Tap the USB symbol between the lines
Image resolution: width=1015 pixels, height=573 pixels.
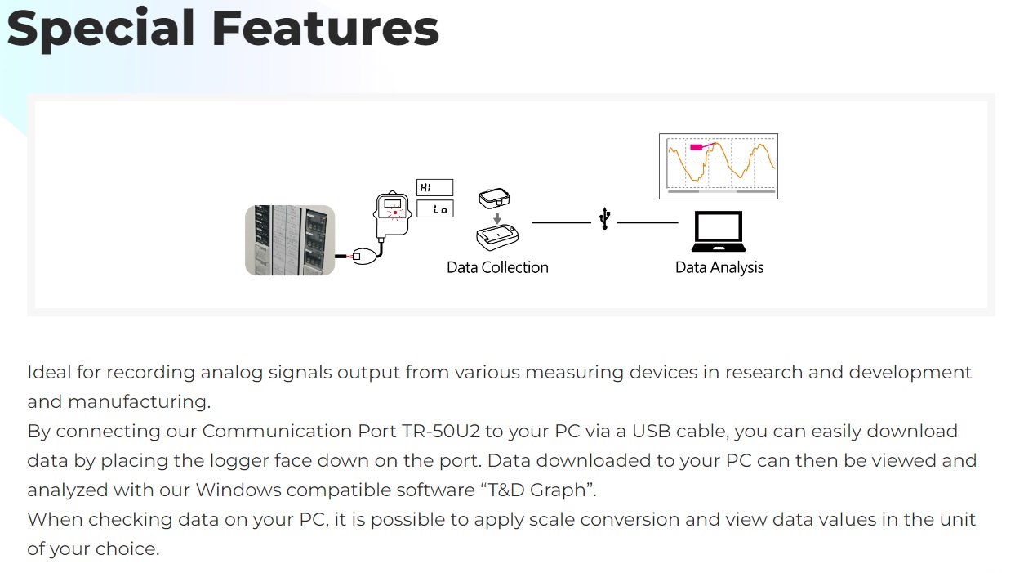pyautogui.click(x=604, y=219)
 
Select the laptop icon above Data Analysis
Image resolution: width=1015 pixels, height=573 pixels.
pyautogui.click(x=718, y=233)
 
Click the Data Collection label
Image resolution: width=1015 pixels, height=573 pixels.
pyautogui.click(x=497, y=267)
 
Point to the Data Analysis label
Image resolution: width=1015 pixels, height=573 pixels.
pyautogui.click(x=719, y=267)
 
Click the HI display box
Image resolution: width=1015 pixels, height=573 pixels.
pyautogui.click(x=434, y=188)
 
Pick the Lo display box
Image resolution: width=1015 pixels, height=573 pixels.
pyautogui.click(x=434, y=209)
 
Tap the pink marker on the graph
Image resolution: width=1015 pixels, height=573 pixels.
pyautogui.click(x=697, y=147)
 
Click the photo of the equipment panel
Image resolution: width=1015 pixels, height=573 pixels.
pyautogui.click(x=290, y=240)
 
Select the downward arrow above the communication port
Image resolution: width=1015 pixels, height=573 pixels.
pyautogui.click(x=496, y=218)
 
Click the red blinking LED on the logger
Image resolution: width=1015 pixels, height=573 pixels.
pyautogui.click(x=395, y=213)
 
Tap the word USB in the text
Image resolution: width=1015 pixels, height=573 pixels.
pyautogui.click(x=656, y=431)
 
